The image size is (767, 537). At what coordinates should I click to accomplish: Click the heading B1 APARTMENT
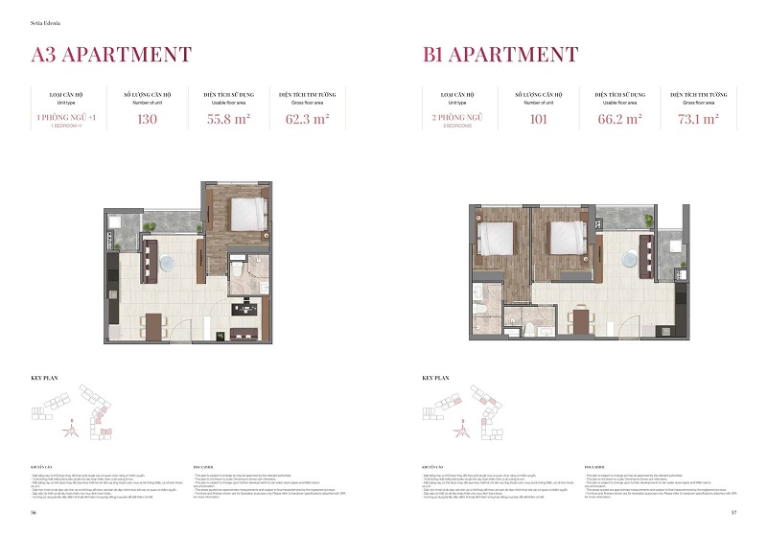coord(500,54)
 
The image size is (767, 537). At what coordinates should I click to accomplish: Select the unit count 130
coord(147,121)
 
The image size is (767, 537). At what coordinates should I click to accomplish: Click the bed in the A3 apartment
coord(245,212)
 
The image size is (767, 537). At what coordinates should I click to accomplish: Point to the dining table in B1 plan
coord(583,316)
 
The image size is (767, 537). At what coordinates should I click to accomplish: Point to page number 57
coord(732,513)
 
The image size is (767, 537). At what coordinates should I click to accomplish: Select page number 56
coord(34,513)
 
